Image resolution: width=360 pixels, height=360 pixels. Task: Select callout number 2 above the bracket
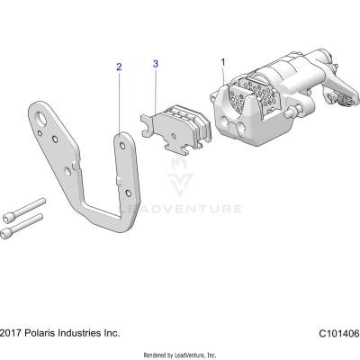[x=118, y=67]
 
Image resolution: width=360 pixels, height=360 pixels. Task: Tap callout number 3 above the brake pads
[x=156, y=65]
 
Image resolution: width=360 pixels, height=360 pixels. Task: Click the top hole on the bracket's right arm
[x=122, y=139]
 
